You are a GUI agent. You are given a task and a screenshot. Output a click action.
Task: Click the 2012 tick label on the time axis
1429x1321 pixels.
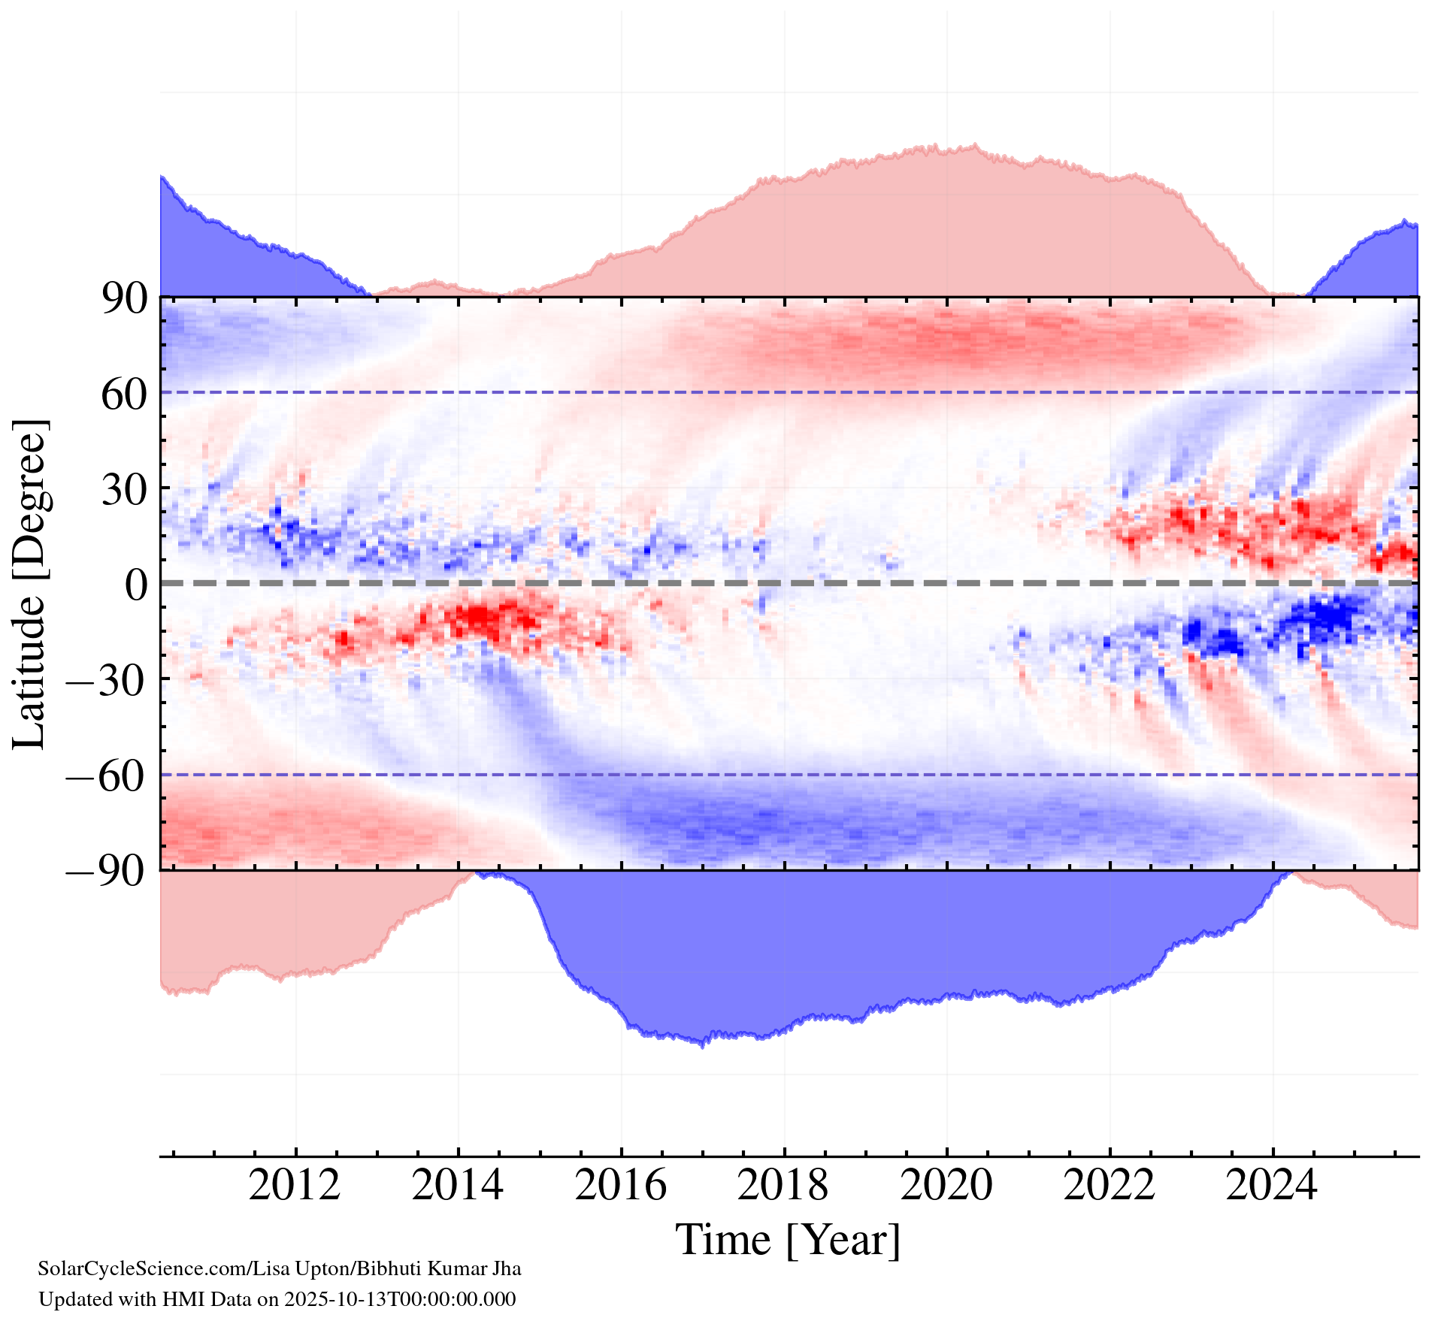(295, 1187)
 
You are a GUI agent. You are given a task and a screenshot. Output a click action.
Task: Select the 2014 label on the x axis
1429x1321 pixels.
(458, 1187)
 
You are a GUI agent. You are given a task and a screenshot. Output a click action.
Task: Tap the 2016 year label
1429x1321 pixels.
(621, 1187)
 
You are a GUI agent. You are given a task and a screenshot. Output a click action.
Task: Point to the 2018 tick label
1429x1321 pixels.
(783, 1187)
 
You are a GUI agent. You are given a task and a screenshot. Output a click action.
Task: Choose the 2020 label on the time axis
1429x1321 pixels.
(946, 1187)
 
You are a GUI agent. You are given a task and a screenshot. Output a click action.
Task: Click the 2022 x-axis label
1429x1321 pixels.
(1110, 1187)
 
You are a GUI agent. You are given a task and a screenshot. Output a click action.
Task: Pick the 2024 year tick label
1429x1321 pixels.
(1272, 1187)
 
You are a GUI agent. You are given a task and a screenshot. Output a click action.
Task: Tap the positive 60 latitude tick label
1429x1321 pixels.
(124, 394)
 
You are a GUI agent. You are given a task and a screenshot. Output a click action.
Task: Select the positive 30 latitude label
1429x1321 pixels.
(124, 490)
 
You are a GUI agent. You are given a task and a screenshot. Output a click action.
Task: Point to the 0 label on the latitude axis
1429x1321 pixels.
(137, 585)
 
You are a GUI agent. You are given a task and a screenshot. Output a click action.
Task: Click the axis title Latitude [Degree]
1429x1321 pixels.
(30, 584)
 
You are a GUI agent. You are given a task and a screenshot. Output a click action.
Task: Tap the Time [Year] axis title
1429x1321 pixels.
(788, 1241)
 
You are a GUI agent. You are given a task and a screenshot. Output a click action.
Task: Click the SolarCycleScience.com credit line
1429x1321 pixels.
(280, 1269)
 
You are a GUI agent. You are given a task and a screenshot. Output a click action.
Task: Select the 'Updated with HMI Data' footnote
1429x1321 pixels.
(277, 1299)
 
